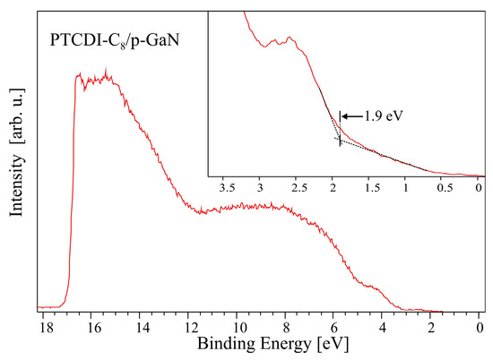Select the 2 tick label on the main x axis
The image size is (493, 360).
pyautogui.click(x=431, y=326)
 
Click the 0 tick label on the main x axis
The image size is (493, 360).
pyautogui.click(x=480, y=326)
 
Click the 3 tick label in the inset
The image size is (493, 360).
pyautogui.click(x=260, y=190)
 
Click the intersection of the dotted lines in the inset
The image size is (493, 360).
pyautogui.click(x=339, y=140)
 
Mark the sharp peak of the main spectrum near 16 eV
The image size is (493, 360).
pyautogui.click(x=107, y=70)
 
